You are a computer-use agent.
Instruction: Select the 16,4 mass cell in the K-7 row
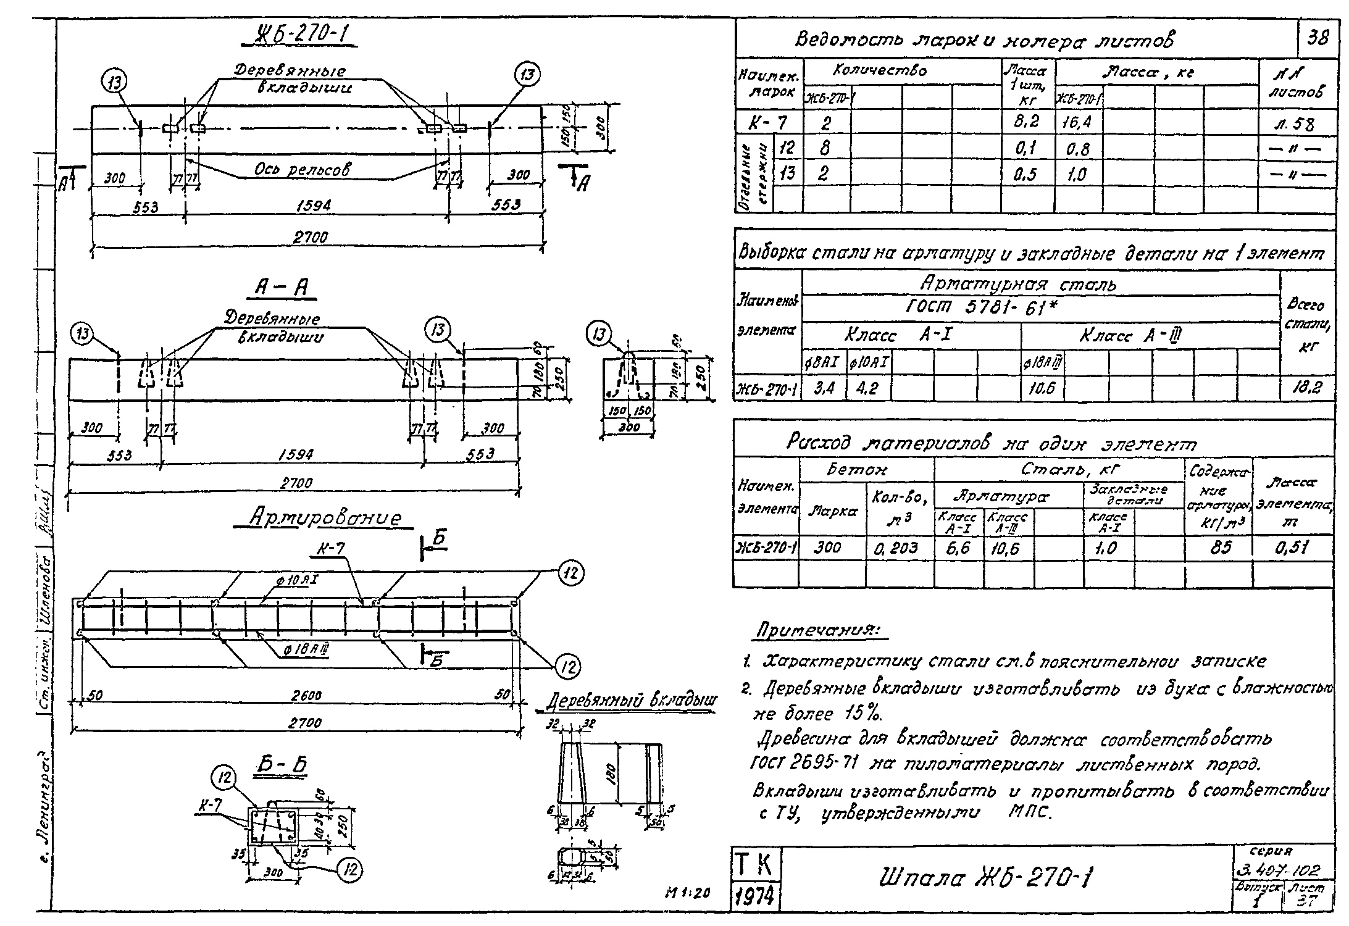pos(1077,123)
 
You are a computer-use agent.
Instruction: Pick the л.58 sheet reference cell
pos(1297,124)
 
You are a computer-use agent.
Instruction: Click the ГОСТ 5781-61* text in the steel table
pos(982,307)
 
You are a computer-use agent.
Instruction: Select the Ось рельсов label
pos(302,170)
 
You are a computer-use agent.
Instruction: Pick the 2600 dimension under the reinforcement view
pos(306,695)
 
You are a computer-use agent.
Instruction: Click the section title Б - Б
pos(281,765)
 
